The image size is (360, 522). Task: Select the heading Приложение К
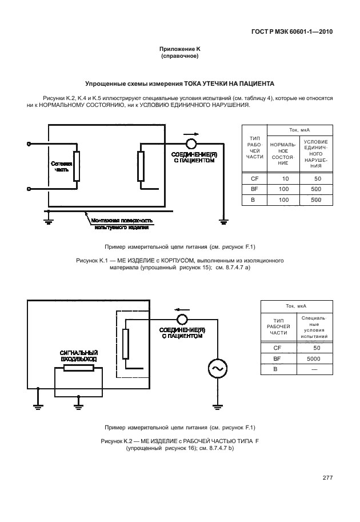(180, 51)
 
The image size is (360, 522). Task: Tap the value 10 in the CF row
(285, 179)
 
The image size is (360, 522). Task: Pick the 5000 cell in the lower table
(313, 358)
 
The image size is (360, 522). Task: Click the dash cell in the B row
(313, 370)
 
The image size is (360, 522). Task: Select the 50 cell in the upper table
(317, 179)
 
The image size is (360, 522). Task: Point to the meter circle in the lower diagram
(182, 319)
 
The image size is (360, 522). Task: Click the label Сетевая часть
(62, 166)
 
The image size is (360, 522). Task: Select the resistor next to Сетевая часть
(76, 167)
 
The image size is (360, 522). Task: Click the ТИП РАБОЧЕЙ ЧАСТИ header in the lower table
(279, 326)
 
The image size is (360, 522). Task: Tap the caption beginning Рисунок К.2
(180, 444)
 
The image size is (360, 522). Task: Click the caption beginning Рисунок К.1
(180, 264)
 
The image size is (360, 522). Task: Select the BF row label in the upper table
(254, 189)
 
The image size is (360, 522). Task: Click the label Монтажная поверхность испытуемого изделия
(122, 224)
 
